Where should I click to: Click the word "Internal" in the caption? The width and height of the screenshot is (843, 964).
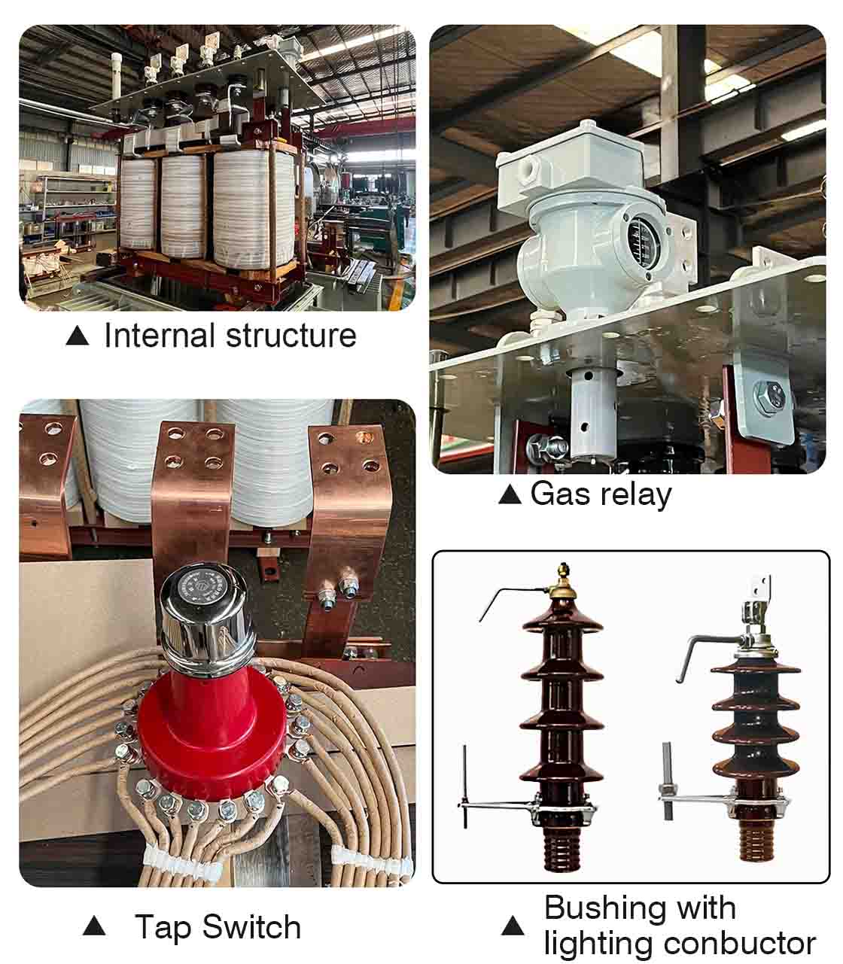(x=160, y=336)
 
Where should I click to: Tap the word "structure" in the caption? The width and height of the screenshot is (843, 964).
(x=291, y=336)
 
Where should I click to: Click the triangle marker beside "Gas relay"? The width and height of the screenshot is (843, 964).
(x=510, y=494)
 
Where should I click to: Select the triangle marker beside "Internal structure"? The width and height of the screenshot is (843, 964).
(x=78, y=335)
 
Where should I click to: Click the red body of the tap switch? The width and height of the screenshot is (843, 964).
(x=212, y=730)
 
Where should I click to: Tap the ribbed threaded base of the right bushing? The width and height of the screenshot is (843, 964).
(x=756, y=841)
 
